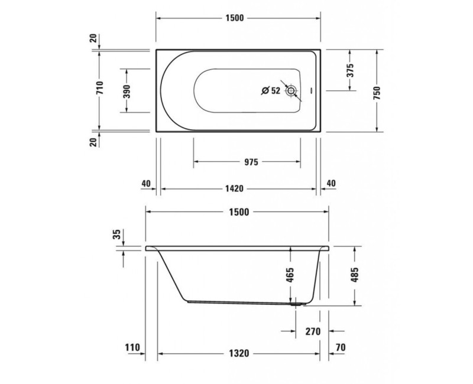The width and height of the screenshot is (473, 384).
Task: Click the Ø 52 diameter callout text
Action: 271,90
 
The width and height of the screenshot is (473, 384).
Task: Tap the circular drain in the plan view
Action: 291,91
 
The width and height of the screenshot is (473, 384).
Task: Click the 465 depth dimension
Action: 290,275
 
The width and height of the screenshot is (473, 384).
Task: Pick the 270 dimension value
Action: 312,331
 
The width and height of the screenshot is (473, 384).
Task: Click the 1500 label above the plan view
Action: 234,18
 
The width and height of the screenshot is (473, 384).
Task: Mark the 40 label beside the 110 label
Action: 146,183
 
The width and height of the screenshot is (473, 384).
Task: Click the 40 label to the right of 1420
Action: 331,183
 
